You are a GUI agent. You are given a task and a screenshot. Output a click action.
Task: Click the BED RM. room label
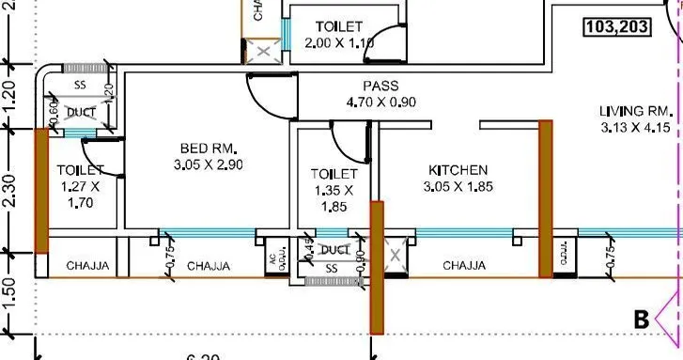(x=209, y=149)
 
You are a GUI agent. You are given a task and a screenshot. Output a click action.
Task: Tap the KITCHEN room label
(x=458, y=170)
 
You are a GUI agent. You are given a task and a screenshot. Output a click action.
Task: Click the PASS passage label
(x=382, y=86)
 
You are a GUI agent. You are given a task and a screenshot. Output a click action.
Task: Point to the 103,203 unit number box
(x=616, y=27)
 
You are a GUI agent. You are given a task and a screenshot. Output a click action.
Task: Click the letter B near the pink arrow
(x=642, y=321)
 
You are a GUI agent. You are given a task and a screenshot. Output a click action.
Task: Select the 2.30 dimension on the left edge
(x=10, y=192)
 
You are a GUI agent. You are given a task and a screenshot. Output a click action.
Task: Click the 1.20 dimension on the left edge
(x=10, y=95)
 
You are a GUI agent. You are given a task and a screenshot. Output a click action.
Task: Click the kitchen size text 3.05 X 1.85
(x=458, y=187)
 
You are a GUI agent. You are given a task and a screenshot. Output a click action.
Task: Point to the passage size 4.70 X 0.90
(x=382, y=103)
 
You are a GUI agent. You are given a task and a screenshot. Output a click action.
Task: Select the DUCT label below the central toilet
(x=334, y=251)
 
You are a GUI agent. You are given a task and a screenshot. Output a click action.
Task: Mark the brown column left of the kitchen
(x=377, y=267)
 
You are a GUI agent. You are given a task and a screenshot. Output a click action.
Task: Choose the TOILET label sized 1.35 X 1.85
(x=334, y=174)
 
